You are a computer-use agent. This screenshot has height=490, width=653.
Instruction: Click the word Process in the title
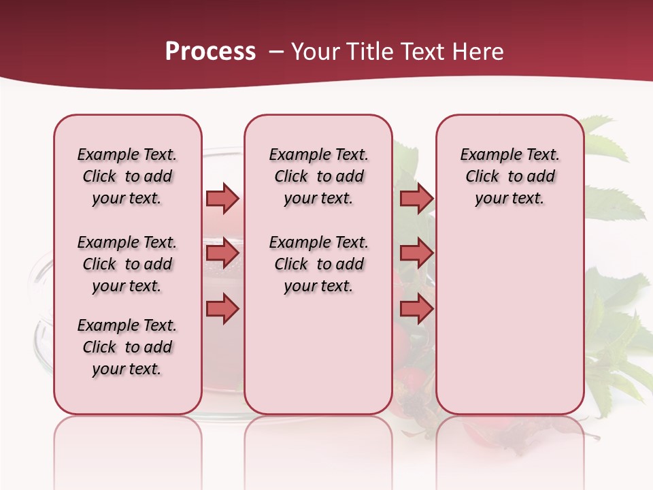pyautogui.click(x=210, y=52)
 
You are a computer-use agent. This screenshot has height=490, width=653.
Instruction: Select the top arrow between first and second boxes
pyautogui.click(x=222, y=198)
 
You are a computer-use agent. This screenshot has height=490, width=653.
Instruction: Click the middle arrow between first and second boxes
pyautogui.click(x=222, y=254)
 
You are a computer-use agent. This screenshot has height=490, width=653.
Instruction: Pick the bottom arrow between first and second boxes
pyautogui.click(x=222, y=309)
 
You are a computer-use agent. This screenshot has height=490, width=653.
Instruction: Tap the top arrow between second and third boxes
pyautogui.click(x=416, y=198)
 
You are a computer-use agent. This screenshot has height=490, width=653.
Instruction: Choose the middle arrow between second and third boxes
pyautogui.click(x=416, y=254)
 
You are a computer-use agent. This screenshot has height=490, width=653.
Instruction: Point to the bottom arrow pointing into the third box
pyautogui.click(x=416, y=309)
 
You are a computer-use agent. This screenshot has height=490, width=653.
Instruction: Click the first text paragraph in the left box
pyautogui.click(x=127, y=176)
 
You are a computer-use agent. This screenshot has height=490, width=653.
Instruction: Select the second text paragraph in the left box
pyautogui.click(x=127, y=264)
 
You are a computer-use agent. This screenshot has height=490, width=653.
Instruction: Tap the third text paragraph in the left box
pyautogui.click(x=127, y=347)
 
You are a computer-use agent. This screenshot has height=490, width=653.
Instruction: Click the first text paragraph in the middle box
pyautogui.click(x=318, y=176)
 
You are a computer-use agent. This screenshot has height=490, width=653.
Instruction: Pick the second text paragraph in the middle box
pyautogui.click(x=318, y=264)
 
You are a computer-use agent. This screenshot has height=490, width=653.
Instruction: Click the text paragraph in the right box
pyautogui.click(x=509, y=176)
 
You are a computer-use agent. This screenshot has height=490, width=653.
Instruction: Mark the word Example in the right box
pyautogui.click(x=486, y=155)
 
